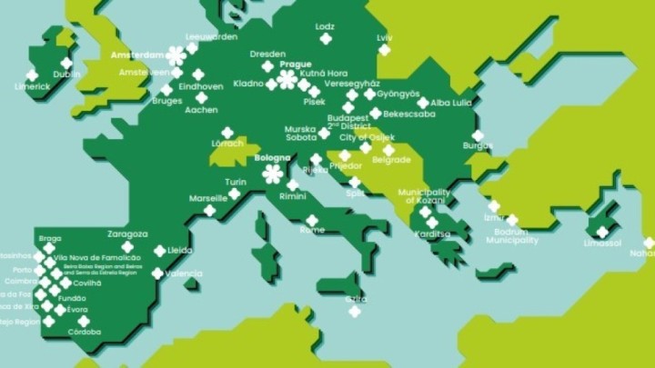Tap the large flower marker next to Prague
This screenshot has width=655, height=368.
click(287, 79)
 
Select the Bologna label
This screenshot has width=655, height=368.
click(272, 158)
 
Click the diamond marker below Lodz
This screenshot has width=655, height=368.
click(326, 39)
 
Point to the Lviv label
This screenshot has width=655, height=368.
click(384, 37)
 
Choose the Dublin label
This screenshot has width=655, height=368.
click(66, 75)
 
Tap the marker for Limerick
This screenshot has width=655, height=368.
click(32, 75)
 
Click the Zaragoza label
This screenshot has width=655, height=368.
click(126, 234)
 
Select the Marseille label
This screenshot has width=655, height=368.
click(208, 197)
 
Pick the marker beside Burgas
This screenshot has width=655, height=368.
click(479, 135)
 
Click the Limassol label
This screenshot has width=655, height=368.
click(602, 244)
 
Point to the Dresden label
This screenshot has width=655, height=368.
click(268, 54)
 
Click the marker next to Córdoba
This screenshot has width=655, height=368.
click(84, 321)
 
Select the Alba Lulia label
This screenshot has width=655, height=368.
click(451, 103)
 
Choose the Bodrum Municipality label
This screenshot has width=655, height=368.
click(512, 236)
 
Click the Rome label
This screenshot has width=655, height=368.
click(312, 230)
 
